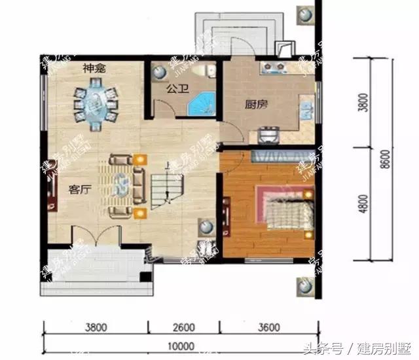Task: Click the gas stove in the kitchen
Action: pos(276,67)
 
